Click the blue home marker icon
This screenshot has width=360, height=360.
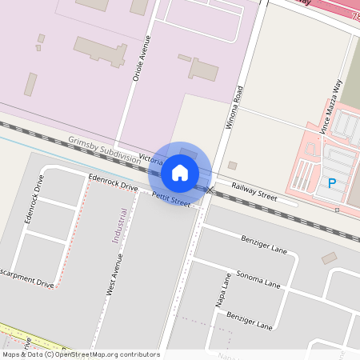[x=180, y=172]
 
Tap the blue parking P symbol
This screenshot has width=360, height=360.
[x=332, y=184]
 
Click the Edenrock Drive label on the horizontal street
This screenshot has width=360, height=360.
[x=114, y=182]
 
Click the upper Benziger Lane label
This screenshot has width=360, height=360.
[x=263, y=244]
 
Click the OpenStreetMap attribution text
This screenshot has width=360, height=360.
[x=80, y=354]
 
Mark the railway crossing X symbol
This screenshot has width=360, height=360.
[x=210, y=190]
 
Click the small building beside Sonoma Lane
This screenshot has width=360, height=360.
[x=329, y=258]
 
